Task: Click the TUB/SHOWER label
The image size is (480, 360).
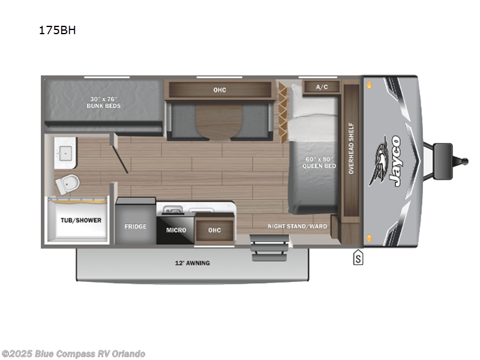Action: point(80,220)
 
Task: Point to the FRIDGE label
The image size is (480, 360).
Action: point(136,227)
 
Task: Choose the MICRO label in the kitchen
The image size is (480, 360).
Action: point(176,230)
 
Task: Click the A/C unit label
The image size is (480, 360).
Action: point(322,87)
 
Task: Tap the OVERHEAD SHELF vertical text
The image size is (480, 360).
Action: point(352,149)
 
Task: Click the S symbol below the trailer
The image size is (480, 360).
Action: point(358,259)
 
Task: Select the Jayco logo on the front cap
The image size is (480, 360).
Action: point(390,160)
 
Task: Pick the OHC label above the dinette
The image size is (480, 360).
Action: point(219,90)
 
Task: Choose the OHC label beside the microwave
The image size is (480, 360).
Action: point(215,230)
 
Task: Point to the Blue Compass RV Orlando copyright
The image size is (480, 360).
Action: point(74,353)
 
